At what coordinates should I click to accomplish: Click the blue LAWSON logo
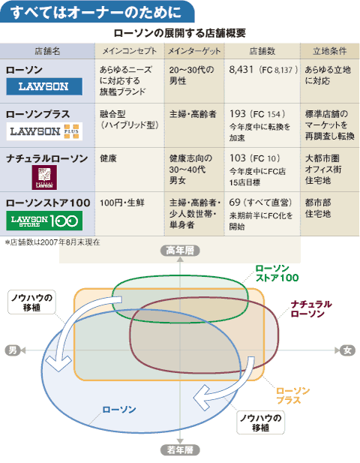(x=44, y=86)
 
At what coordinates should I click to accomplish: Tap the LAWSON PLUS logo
(x=44, y=131)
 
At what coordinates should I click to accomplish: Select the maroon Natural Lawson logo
(x=44, y=177)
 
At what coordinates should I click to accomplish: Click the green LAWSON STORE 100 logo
(x=44, y=221)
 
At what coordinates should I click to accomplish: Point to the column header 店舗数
(x=262, y=51)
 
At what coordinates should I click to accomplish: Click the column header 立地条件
(x=329, y=51)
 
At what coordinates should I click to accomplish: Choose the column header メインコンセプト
(x=130, y=51)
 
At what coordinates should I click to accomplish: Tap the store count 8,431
(x=241, y=70)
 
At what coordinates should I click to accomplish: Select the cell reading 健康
(x=108, y=158)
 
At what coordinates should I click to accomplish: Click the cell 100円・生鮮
(x=121, y=203)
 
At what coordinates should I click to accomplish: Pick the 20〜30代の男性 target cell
(x=191, y=75)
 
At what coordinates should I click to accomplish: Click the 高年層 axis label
(x=180, y=251)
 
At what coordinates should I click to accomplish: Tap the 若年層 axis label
(x=180, y=450)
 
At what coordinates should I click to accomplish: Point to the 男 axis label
(x=13, y=350)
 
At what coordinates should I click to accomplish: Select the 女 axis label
(x=347, y=350)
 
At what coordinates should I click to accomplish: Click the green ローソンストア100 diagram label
(x=277, y=273)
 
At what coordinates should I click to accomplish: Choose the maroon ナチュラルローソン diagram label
(x=311, y=309)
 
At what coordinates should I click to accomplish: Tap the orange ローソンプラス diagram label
(x=292, y=395)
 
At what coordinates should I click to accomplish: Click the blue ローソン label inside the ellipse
(x=119, y=410)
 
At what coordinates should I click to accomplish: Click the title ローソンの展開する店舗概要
(x=180, y=33)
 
